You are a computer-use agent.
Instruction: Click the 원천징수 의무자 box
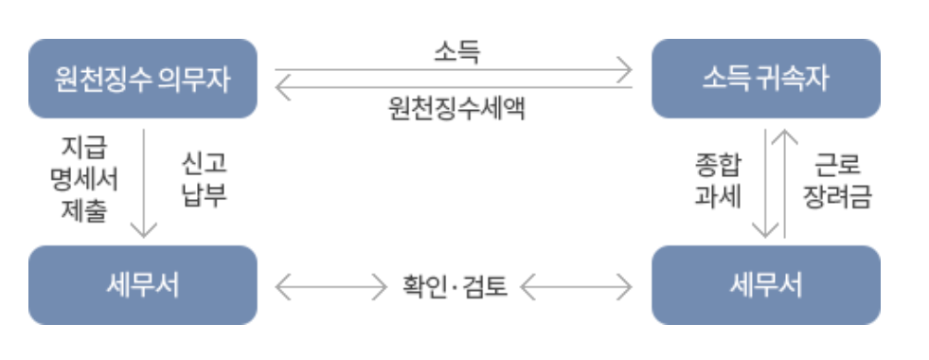click(142, 79)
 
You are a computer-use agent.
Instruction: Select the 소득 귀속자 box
click(766, 79)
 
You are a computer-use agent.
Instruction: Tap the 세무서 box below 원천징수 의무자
click(142, 285)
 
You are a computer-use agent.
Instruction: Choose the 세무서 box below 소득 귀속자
click(766, 285)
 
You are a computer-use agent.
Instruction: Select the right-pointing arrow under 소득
click(453, 69)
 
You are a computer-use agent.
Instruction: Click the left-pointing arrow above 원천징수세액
click(453, 88)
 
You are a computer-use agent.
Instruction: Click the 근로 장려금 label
click(836, 181)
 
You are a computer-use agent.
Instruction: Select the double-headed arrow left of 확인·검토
click(327, 285)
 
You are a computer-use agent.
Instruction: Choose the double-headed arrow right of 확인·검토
click(577, 285)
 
